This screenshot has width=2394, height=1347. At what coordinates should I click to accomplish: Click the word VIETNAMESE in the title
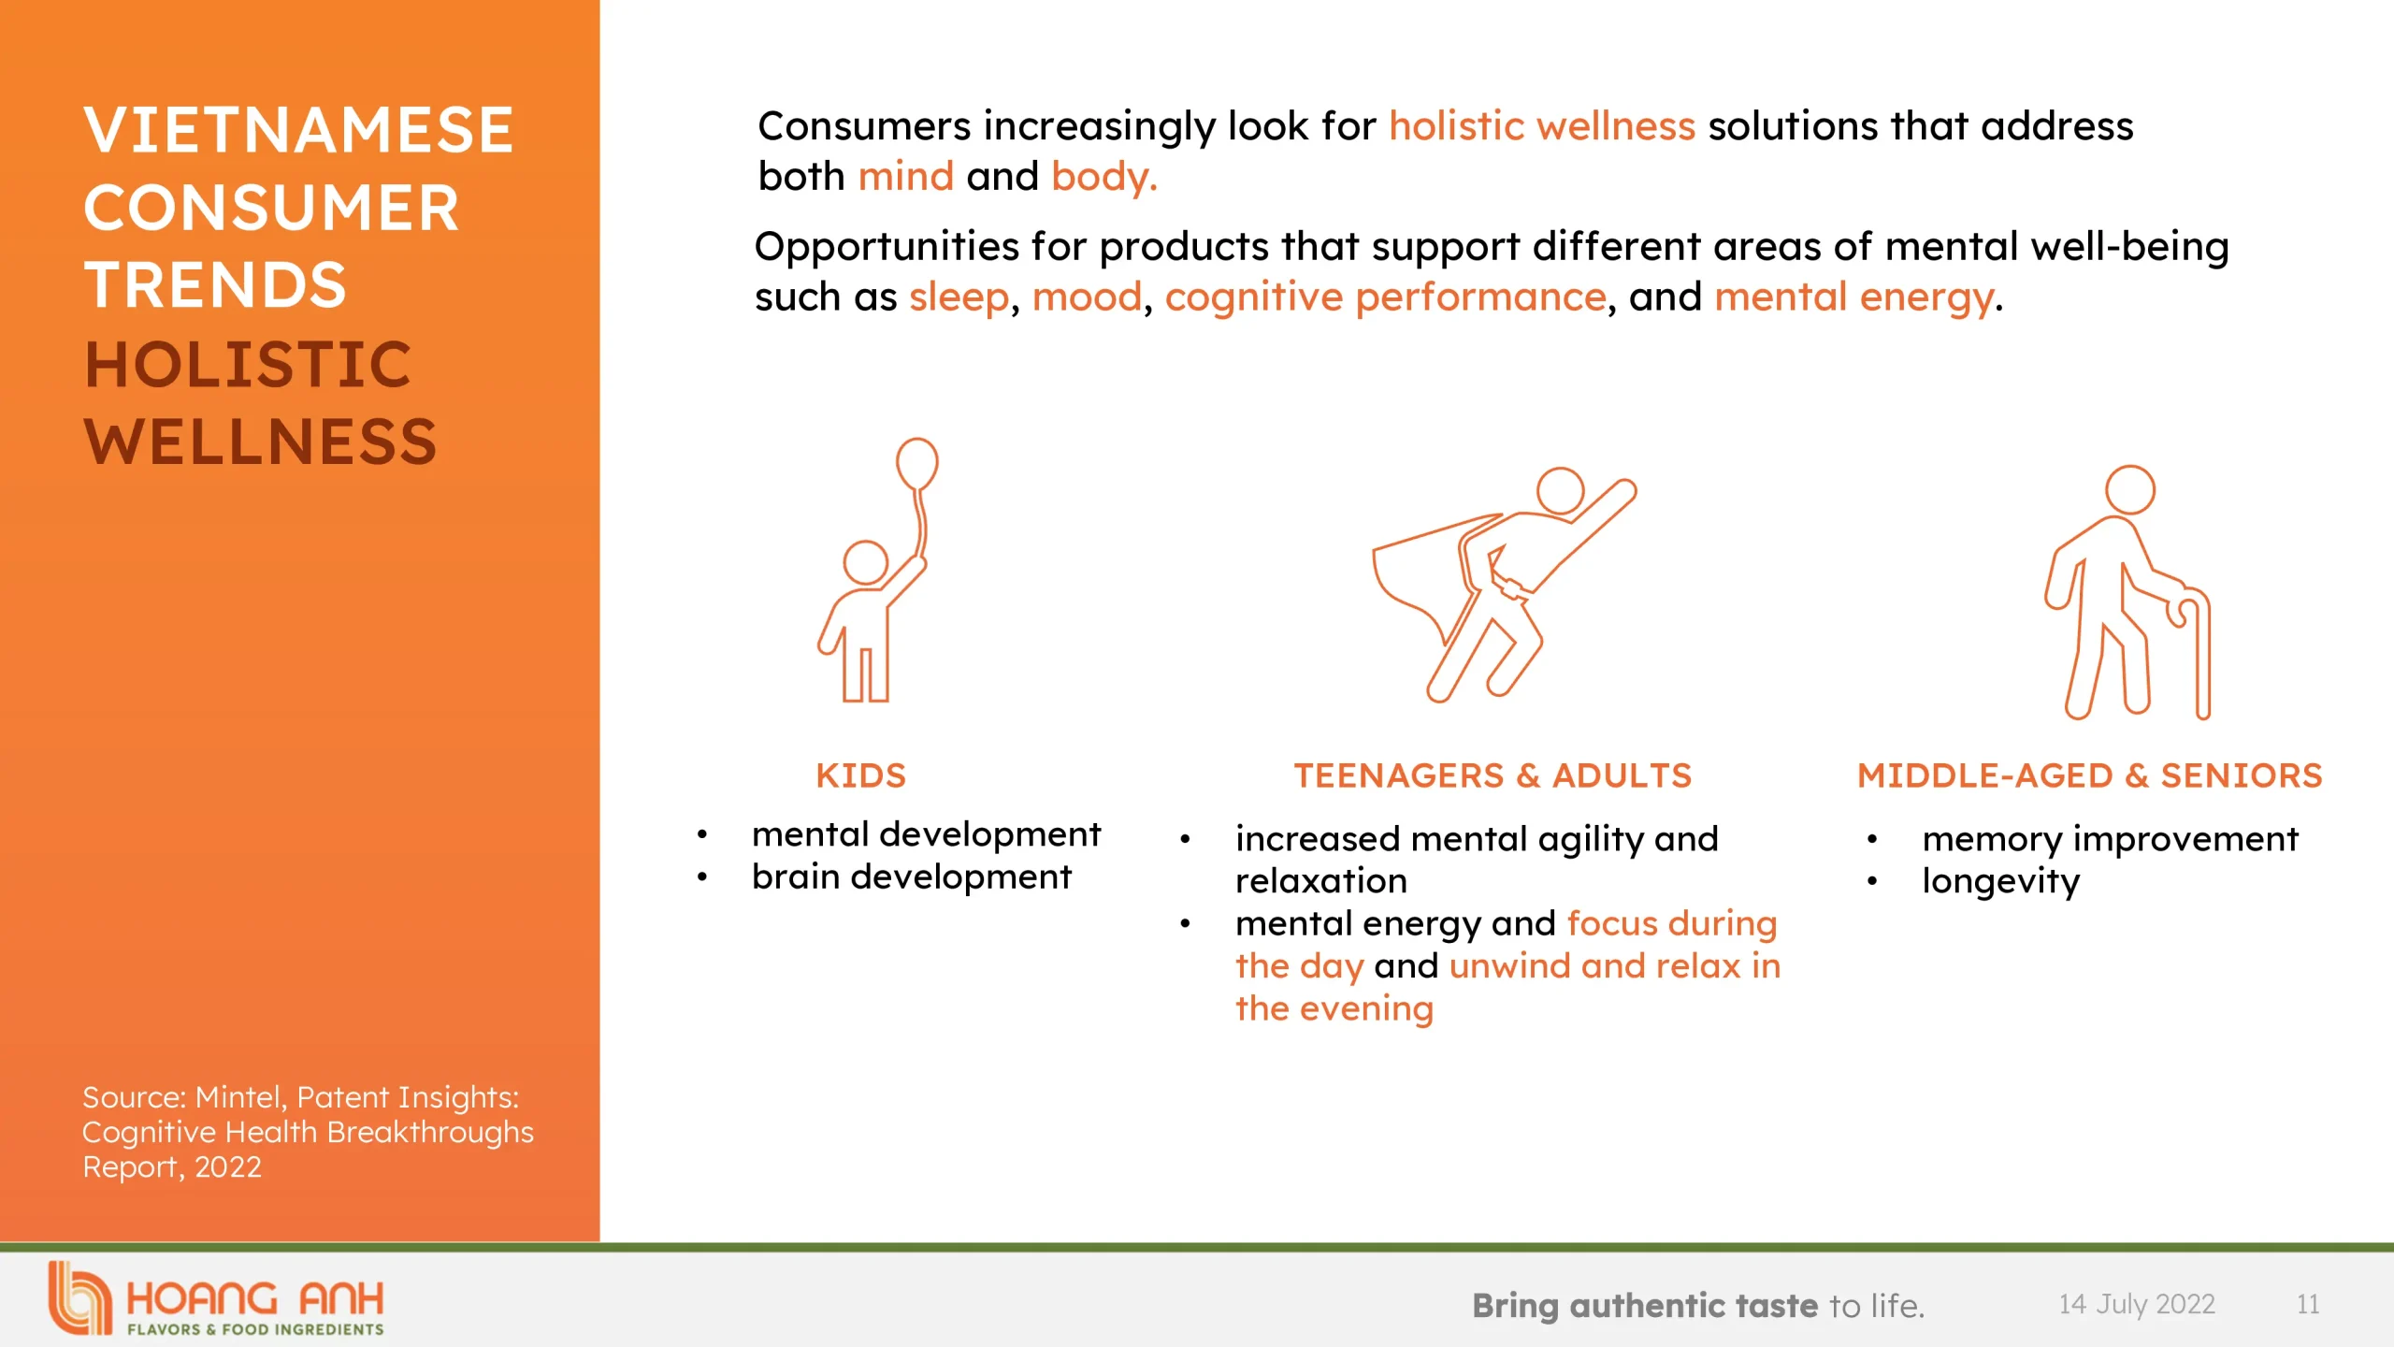coord(298,130)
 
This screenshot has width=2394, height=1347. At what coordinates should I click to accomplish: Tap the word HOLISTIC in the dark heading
coord(248,364)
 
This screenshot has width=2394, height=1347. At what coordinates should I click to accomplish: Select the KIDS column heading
coord(860,775)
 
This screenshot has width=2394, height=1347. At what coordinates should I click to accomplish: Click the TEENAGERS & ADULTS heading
coord(1493,775)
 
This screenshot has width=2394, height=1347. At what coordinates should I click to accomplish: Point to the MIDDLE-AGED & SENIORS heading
coord(2089,775)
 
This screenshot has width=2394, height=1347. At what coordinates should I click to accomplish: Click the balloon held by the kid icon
coord(916,463)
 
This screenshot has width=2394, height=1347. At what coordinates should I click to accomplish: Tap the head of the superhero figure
coord(1560,490)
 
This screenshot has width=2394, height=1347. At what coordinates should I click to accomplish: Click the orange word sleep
coord(959,297)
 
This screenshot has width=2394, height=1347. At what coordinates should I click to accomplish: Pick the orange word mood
coord(1087,297)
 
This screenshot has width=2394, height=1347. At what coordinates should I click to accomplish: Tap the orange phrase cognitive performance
coord(1385,297)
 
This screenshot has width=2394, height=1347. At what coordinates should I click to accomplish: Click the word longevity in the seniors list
coord(2000,881)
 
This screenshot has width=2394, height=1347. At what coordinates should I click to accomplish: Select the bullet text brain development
coord(911,877)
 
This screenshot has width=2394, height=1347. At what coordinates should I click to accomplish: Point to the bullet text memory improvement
coord(2110,839)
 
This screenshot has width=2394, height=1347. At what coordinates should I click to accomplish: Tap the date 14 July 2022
coord(2137,1304)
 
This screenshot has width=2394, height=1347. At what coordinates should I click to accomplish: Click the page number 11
coord(2308,1304)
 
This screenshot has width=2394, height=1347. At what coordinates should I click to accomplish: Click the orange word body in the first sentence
coord(1103,177)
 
